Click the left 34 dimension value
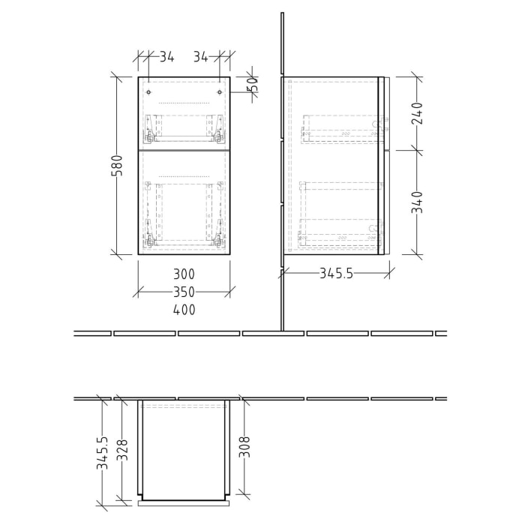pos(166,56)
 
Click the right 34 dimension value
pos(200,56)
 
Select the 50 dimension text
pos(253,84)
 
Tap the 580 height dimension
pos(116,166)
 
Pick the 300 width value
pos(184,274)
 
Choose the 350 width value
pos(184,292)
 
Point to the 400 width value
pos(184,310)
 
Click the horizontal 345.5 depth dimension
pos(335,274)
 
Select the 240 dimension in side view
pos(417,113)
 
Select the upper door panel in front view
pos(184,112)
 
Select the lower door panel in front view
pos(184,202)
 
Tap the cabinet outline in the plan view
pos(184,450)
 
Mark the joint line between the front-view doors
pos(184,150)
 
